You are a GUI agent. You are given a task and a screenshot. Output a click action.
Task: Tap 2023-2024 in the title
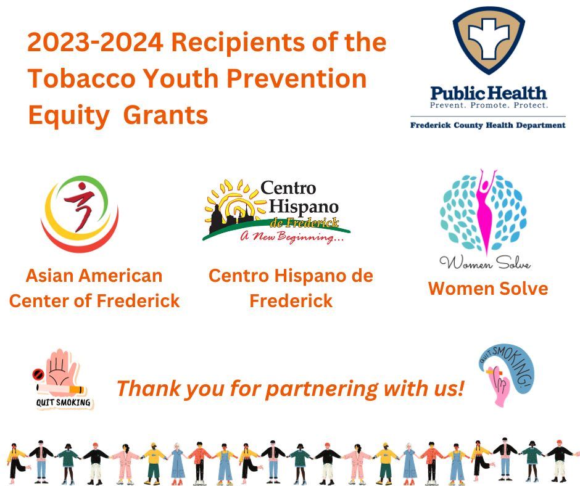(94, 43)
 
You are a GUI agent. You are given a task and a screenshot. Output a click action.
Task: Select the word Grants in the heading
(165, 115)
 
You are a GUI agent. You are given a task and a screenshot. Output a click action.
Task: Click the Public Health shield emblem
(489, 41)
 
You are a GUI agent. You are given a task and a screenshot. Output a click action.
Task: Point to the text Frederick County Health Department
(488, 125)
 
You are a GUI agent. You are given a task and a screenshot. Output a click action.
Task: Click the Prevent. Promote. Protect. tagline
(488, 105)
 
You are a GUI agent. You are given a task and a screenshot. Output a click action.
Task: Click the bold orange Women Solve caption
(488, 289)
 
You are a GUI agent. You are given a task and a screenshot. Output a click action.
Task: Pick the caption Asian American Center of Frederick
(94, 288)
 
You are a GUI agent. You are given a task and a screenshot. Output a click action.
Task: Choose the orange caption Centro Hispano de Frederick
(291, 288)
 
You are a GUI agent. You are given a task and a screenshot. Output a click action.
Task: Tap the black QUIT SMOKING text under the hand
(64, 403)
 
